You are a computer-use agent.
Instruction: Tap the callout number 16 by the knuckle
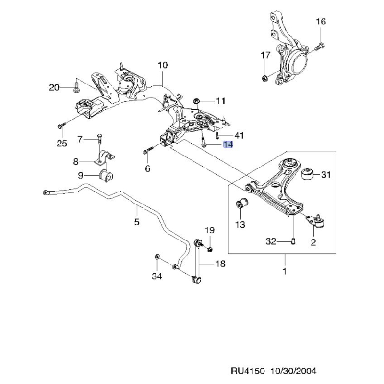(321, 22)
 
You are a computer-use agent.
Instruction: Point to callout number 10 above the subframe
(162, 65)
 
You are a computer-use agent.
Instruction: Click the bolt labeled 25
(60, 125)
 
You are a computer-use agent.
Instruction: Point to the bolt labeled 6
(146, 152)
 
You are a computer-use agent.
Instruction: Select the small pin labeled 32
(292, 241)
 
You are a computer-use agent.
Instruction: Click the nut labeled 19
(210, 248)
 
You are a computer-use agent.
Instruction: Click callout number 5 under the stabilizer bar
(136, 222)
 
